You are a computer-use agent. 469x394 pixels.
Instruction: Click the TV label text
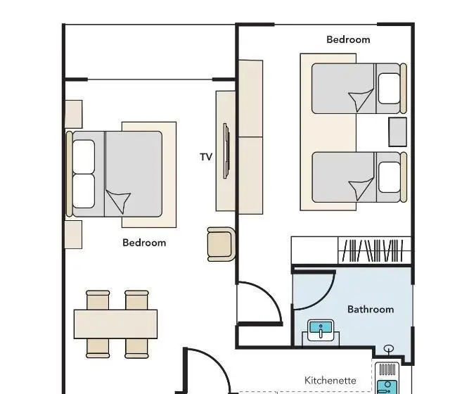[x=206, y=157]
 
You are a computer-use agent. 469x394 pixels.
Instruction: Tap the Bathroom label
[x=371, y=310]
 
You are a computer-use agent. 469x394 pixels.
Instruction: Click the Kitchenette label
[x=330, y=381]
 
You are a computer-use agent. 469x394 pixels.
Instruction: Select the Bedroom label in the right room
[x=348, y=39]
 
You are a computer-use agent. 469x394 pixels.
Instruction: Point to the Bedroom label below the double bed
[x=144, y=243]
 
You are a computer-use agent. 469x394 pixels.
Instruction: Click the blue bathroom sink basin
[x=321, y=327]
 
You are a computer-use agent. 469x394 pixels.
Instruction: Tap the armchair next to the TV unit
[x=221, y=244]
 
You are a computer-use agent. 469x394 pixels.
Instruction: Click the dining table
[x=115, y=324]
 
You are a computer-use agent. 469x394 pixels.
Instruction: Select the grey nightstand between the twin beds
[x=397, y=132]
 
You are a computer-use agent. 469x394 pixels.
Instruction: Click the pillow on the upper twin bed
[x=389, y=89]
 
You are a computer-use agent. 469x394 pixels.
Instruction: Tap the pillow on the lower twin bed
[x=389, y=177]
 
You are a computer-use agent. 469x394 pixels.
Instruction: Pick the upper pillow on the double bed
[x=84, y=157]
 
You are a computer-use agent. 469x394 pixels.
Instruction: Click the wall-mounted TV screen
[x=226, y=151]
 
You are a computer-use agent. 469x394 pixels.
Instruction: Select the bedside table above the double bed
[x=74, y=115]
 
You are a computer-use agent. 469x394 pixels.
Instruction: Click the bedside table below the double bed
[x=73, y=235]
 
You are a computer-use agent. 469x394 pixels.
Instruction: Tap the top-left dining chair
[x=98, y=300]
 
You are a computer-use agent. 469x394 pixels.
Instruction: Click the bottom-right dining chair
[x=136, y=348]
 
